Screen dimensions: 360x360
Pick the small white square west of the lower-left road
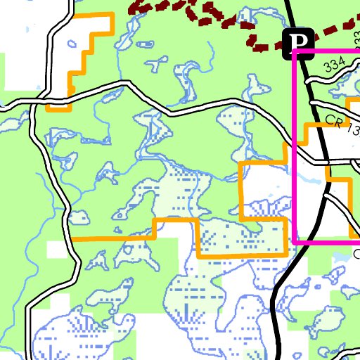[x=56, y=250]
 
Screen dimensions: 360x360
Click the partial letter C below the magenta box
[x=356, y=253]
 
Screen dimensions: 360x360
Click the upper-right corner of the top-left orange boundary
[x=112, y=15]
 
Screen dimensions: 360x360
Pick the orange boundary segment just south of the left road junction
[x=58, y=110]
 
